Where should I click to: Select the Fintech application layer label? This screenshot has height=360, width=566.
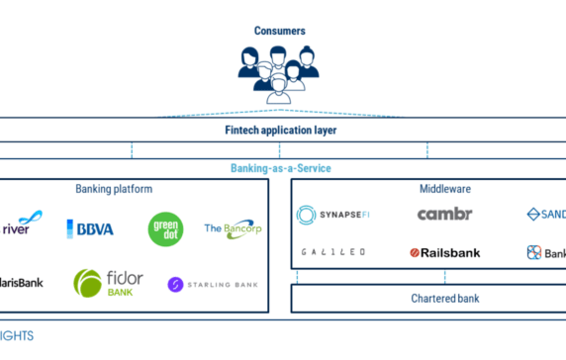[280, 130]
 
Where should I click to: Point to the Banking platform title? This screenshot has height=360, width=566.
[114, 189]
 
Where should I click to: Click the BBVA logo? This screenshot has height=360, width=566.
[90, 228]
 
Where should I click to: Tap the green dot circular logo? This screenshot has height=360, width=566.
[165, 228]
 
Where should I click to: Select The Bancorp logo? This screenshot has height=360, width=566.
[234, 228]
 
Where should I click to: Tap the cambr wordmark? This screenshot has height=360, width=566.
[444, 214]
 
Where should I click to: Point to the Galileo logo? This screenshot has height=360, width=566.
[332, 252]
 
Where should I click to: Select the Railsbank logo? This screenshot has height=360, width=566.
[444, 252]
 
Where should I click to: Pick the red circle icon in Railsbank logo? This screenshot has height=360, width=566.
[416, 253]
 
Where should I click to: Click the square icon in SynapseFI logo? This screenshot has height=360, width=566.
[305, 215]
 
